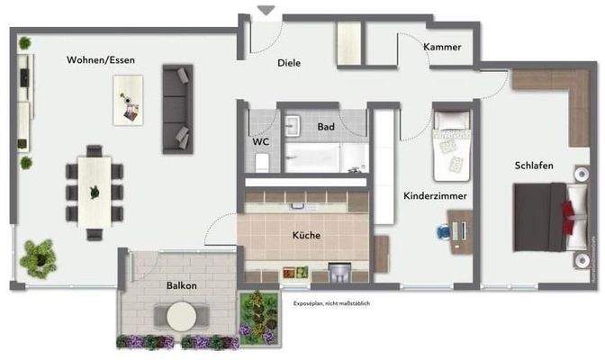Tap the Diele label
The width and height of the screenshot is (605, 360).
coord(288,63)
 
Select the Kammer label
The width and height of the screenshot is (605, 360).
coord(442,47)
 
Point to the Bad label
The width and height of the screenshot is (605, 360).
coord(325,127)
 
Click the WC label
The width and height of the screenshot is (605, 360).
coord(261,141)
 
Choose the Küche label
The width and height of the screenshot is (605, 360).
coord(306,236)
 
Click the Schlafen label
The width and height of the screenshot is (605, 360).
coord(533,166)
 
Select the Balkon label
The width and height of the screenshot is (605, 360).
coord(181,284)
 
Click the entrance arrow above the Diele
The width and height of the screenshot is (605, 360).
coord(266,11)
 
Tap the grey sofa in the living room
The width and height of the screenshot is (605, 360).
coord(177,108)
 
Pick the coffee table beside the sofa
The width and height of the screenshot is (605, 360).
coord(128,99)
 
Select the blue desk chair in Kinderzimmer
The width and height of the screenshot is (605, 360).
coord(445,230)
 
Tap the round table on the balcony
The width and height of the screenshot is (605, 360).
coord(182,315)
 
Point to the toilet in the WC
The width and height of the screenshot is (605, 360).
coord(261,161)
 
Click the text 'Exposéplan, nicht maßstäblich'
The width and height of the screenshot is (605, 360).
coord(330,304)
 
